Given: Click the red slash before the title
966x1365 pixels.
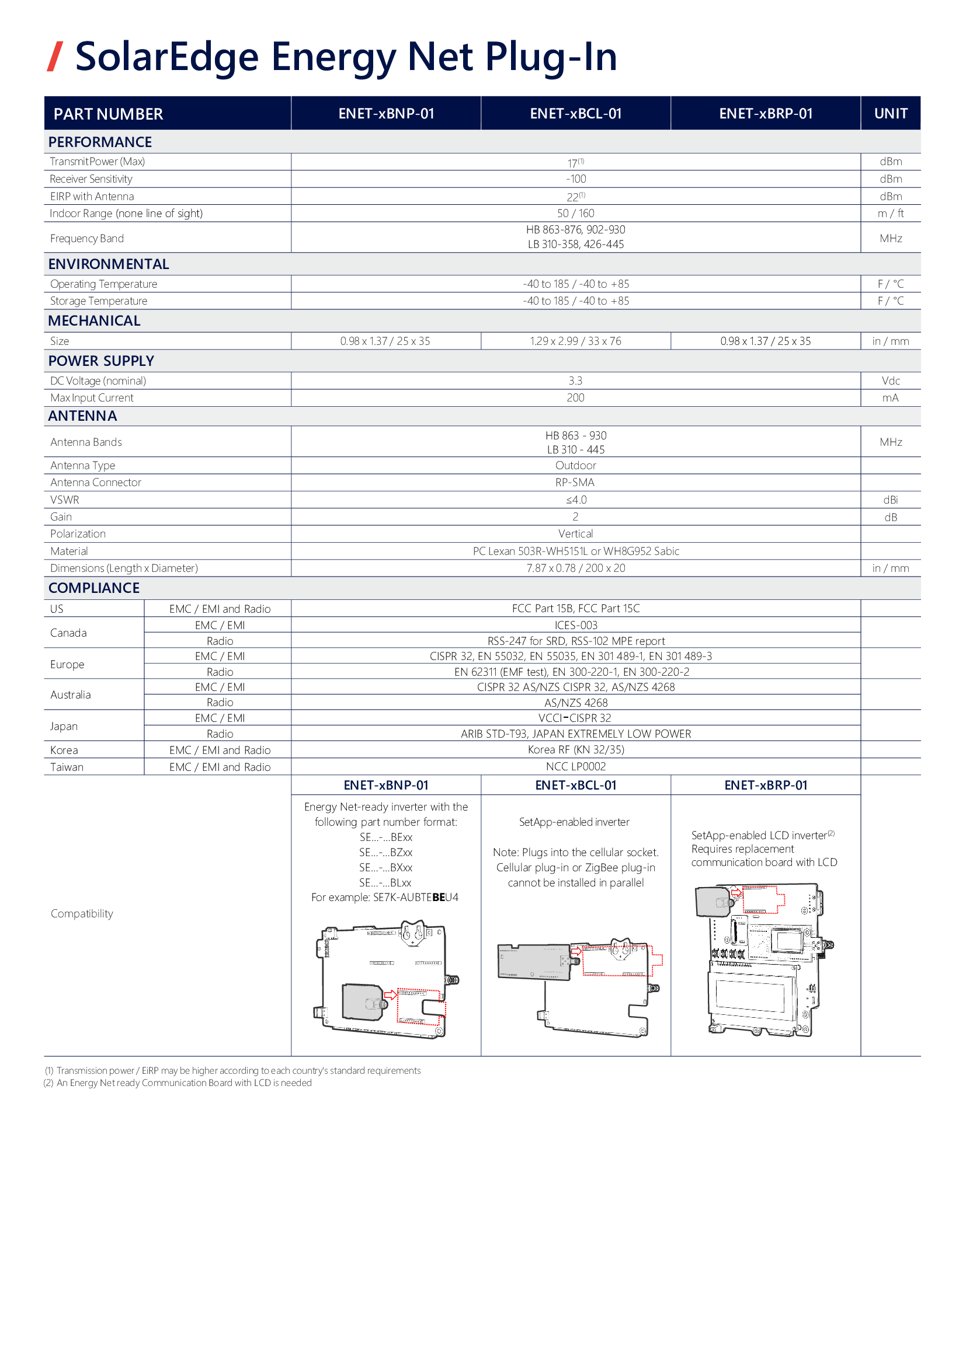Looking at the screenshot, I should [55, 57].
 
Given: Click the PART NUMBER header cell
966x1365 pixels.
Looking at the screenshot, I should [108, 114].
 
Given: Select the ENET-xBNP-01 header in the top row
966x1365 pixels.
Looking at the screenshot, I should [386, 114].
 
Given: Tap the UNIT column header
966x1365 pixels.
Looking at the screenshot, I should [891, 114].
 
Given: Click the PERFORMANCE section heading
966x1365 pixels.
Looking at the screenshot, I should [100, 142].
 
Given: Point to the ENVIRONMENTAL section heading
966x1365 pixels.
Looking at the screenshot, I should [108, 264].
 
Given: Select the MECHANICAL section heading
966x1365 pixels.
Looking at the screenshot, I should [94, 321].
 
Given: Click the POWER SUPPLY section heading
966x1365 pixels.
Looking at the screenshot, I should [100, 361].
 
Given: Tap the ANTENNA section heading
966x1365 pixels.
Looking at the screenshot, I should [82, 416].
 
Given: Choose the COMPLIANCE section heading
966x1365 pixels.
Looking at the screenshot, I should [93, 588].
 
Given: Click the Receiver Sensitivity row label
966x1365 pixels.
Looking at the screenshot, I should [91, 179].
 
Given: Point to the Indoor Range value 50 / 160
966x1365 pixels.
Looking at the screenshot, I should [575, 214].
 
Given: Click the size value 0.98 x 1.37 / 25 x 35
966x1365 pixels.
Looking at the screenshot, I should [385, 341].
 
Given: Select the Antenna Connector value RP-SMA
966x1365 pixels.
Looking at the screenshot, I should [575, 482].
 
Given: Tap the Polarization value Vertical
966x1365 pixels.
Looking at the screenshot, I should [575, 534].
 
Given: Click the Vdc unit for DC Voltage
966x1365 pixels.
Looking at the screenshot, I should [891, 381].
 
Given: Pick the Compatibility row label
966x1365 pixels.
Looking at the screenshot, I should [82, 913].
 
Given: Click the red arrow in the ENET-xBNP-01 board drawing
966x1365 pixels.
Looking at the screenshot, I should [390, 994].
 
